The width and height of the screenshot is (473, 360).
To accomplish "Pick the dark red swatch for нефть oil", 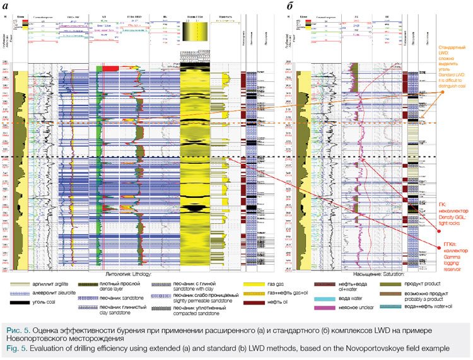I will (x=259, y=313).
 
